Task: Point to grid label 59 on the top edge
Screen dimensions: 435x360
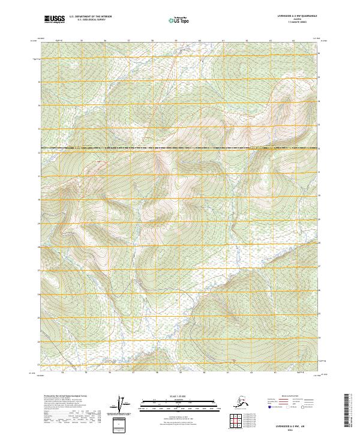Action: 176,40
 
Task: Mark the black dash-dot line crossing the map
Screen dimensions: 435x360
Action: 180,148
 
